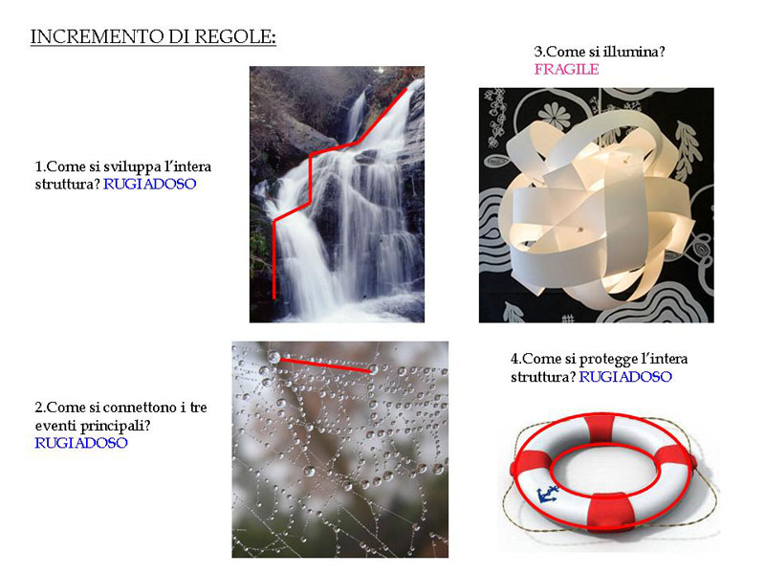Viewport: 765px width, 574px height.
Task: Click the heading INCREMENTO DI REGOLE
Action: click(153, 37)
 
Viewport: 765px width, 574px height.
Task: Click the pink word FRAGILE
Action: click(566, 69)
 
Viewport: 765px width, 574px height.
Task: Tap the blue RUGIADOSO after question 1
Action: click(150, 184)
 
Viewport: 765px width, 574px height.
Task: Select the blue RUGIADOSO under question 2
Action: click(81, 443)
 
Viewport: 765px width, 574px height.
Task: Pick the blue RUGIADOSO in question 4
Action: click(625, 377)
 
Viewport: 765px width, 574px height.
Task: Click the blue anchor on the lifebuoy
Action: click(547, 496)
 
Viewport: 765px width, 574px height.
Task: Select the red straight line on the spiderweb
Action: click(325, 365)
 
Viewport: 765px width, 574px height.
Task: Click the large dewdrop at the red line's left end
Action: click(273, 357)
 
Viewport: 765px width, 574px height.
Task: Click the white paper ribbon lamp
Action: click(596, 205)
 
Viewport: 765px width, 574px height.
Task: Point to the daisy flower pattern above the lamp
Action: click(555, 115)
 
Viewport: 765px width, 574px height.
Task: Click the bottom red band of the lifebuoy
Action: click(611, 512)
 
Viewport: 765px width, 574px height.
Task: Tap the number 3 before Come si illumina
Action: click(538, 52)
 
